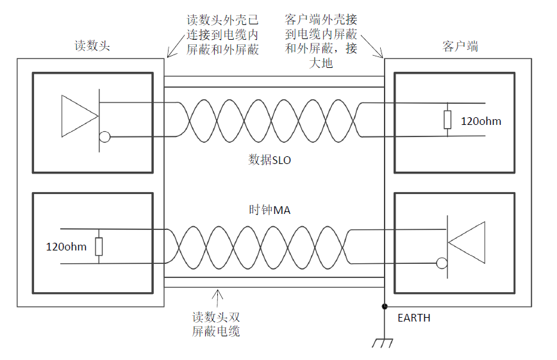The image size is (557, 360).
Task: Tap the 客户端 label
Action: point(460,46)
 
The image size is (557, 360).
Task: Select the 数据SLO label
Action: point(269,160)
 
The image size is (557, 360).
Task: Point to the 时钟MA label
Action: point(269,209)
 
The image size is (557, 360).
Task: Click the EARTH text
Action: point(414,318)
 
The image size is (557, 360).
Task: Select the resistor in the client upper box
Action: point(447,120)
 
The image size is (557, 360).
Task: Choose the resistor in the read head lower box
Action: point(99,246)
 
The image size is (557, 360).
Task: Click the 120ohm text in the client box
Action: point(481,121)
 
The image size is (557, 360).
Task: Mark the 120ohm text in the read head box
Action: point(66,247)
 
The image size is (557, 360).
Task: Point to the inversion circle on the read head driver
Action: point(104,136)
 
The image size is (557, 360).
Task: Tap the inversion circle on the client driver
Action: point(440,263)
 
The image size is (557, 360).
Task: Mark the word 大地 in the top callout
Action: point(320,63)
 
